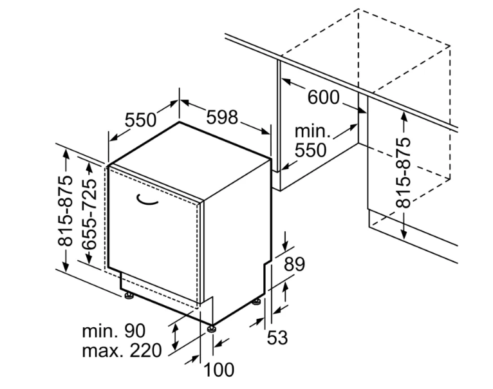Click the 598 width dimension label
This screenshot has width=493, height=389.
[222, 117]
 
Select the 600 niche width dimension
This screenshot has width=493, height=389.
[324, 97]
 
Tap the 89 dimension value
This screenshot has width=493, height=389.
[294, 264]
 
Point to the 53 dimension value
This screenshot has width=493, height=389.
[277, 337]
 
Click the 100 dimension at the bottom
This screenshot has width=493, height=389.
[219, 370]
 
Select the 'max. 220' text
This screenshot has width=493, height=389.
[122, 350]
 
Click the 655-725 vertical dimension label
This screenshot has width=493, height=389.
[88, 214]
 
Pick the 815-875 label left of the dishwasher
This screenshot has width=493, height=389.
[66, 211]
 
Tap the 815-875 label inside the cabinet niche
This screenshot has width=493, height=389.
[404, 173]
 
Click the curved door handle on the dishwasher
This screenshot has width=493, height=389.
[147, 201]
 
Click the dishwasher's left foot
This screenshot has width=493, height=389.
[129, 296]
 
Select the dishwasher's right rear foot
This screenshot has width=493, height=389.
[257, 301]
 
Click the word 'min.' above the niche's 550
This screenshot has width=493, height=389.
[313, 131]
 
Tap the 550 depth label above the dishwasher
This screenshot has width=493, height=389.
[140, 120]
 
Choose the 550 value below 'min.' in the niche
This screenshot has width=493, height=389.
[311, 150]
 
